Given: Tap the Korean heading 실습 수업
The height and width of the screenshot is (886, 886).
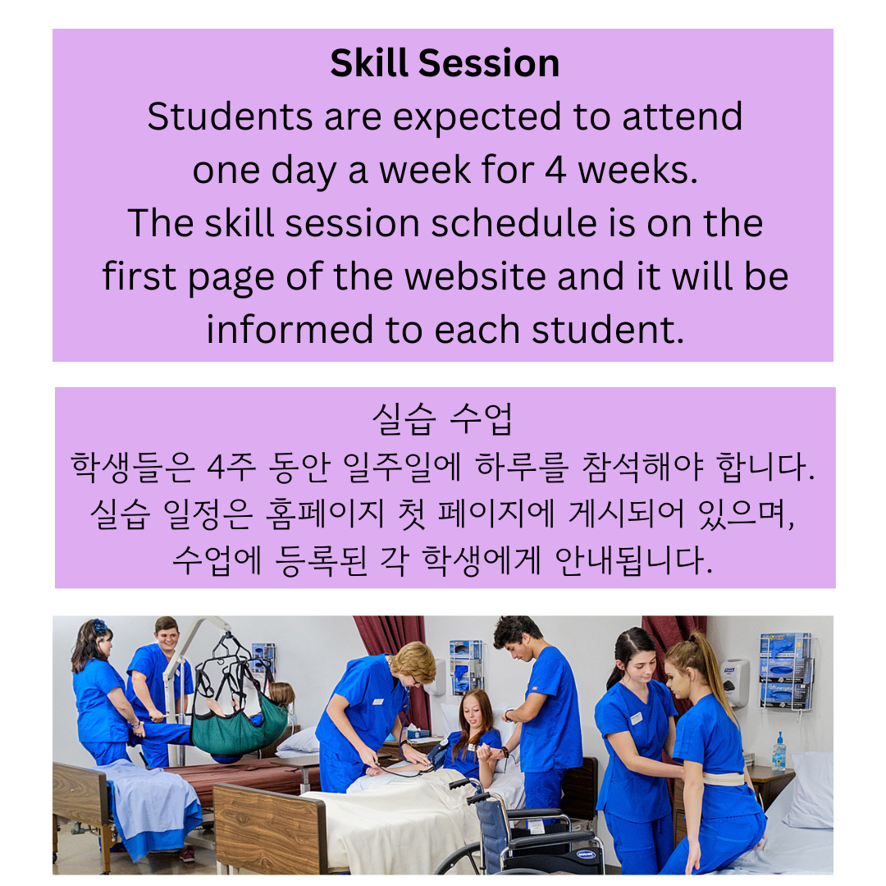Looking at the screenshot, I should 442,420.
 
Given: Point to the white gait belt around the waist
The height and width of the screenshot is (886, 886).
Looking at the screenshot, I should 723,779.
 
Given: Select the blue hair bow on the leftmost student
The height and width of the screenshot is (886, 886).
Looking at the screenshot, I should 100,627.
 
